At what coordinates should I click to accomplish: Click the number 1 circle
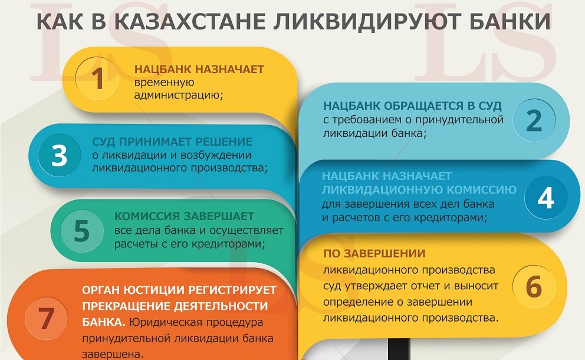tap(97, 78)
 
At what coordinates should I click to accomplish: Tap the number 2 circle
tap(534, 120)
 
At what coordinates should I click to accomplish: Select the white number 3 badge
tap(60, 155)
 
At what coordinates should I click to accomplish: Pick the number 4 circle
tap(545, 198)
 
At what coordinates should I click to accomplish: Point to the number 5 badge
tap(82, 231)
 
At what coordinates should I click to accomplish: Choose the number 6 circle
tap(534, 286)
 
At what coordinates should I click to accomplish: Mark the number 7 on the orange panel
tap(46, 319)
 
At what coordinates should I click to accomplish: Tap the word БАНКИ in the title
tap(510, 21)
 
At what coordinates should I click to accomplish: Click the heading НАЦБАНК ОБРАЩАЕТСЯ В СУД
tap(412, 106)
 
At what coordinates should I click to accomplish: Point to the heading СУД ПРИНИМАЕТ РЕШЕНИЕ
tap(172, 142)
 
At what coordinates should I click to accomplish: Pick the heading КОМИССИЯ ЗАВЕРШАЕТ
tap(185, 216)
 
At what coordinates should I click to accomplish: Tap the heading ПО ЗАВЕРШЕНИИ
tap(374, 254)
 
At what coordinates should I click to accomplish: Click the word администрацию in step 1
tap(178, 96)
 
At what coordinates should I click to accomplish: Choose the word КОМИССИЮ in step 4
tap(481, 190)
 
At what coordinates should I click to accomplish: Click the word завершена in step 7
tap(113, 355)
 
